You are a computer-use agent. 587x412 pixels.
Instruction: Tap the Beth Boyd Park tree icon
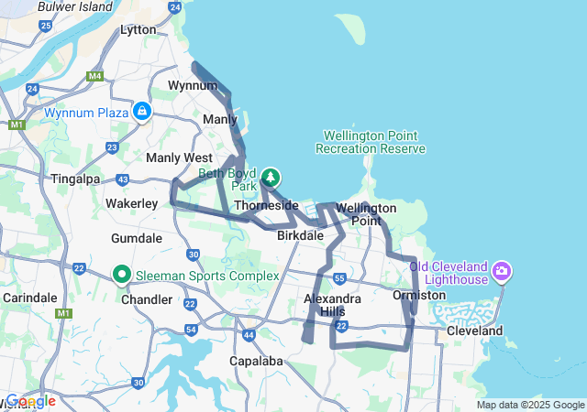(271, 177)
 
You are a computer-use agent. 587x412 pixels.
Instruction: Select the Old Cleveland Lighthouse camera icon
(501, 271)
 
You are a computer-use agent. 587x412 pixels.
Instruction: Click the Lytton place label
(138, 29)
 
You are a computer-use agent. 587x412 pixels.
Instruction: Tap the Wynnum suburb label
(192, 85)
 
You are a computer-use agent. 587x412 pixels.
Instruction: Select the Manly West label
(179, 157)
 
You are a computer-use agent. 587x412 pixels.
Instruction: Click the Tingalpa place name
(76, 179)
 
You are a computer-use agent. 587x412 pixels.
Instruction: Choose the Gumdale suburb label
(137, 238)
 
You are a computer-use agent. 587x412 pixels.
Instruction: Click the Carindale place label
(29, 298)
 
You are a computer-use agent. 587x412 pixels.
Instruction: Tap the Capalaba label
(257, 361)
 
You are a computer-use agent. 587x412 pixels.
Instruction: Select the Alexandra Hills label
(333, 305)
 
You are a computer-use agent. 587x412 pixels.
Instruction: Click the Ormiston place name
(418, 295)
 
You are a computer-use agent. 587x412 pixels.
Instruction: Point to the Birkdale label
(300, 235)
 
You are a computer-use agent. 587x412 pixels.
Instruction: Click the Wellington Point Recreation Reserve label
(371, 141)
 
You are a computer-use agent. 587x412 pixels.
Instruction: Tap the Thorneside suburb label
(267, 205)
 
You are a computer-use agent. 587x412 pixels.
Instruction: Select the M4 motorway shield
(95, 75)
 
